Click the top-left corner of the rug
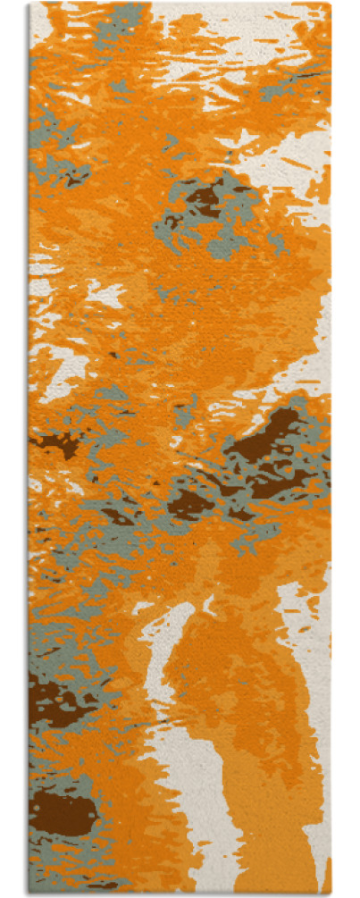coord(29,4)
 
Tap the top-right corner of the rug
coord(331,4)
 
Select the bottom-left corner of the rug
coord(29,894)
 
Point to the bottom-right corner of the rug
coord(331,894)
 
